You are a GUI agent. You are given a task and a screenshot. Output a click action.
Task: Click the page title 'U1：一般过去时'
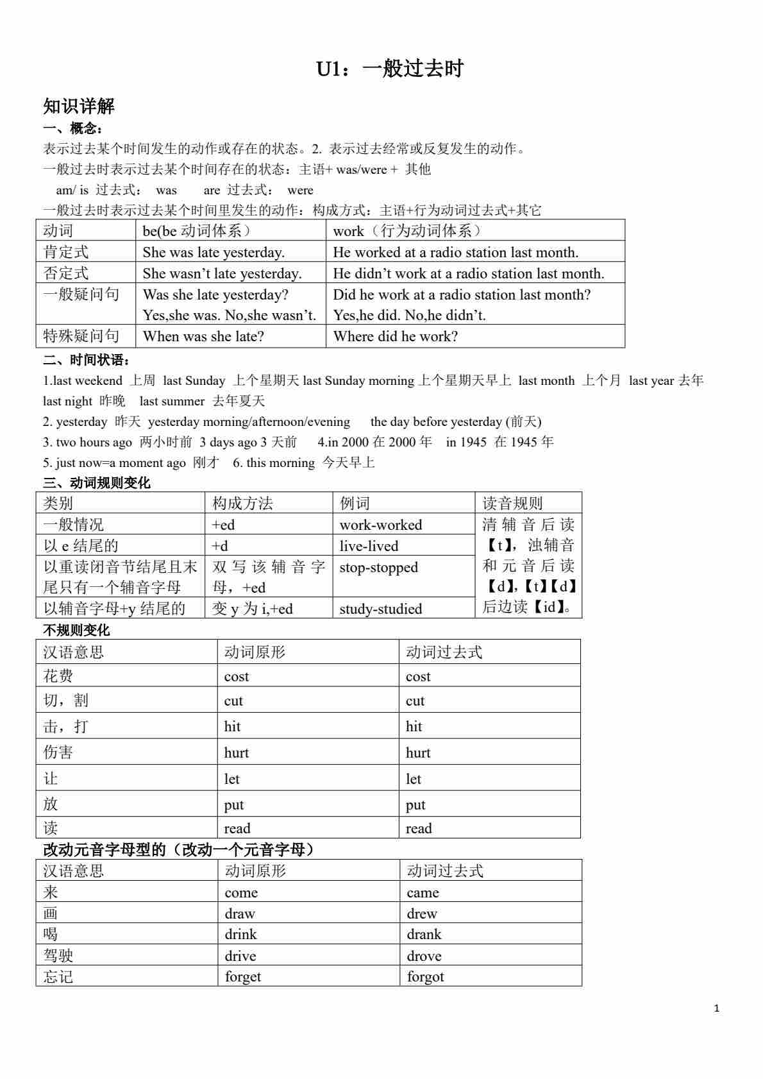(389, 69)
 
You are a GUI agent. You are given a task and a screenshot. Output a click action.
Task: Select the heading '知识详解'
(78, 106)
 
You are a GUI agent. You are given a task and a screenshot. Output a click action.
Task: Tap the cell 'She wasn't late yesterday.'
(222, 273)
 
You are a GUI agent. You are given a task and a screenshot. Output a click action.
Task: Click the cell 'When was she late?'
(203, 336)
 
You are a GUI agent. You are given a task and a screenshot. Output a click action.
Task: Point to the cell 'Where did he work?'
(395, 336)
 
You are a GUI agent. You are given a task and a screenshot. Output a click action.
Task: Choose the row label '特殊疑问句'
(81, 336)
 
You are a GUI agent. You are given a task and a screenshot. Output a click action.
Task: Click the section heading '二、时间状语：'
(87, 360)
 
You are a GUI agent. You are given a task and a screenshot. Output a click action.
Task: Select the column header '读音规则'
(512, 503)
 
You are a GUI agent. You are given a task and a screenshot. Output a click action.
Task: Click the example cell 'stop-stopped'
(378, 568)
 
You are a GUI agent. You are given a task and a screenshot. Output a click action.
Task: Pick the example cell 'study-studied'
(380, 609)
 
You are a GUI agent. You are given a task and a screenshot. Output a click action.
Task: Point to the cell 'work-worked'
(380, 525)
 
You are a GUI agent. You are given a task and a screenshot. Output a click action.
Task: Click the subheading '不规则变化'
(76, 630)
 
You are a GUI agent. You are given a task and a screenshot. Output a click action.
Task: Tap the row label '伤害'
(58, 752)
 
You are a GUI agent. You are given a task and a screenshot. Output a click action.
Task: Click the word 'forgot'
(425, 976)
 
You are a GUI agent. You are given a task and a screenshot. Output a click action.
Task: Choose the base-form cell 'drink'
(240, 934)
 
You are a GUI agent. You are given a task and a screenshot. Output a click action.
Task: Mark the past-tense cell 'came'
(423, 892)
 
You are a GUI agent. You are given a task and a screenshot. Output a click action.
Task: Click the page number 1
(716, 1008)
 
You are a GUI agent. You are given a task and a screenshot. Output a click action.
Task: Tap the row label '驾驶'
(58, 955)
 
